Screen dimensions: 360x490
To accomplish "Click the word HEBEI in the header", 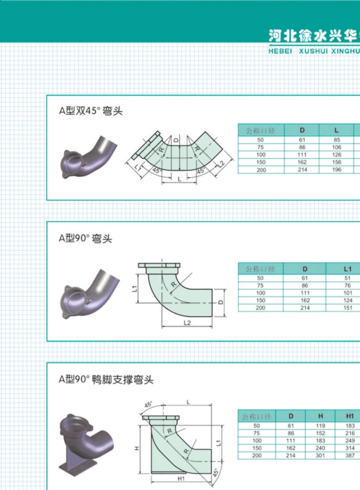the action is [x=280, y=51].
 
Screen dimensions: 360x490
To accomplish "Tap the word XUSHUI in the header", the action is [x=314, y=51].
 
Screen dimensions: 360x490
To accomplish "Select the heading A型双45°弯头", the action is [x=91, y=111].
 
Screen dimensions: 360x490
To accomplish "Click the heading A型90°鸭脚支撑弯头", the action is [x=106, y=379].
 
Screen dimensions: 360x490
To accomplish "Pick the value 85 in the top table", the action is [x=337, y=140].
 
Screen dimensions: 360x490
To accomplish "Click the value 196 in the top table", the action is [x=337, y=170].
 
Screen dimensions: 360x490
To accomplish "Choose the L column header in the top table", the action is [x=337, y=130].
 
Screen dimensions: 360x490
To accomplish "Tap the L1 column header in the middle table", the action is [x=347, y=269].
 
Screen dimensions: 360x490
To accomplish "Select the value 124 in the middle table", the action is [x=347, y=301].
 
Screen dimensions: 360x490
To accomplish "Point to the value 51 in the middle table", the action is [x=347, y=278].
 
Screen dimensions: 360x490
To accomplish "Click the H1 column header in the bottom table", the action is [x=350, y=416].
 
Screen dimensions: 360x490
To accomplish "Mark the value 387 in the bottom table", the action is [x=350, y=456].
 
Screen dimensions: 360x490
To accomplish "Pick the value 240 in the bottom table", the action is [x=321, y=448].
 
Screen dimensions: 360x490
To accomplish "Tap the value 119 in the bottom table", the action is [x=321, y=426].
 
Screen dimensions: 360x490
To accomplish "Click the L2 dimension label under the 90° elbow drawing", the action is [x=187, y=323].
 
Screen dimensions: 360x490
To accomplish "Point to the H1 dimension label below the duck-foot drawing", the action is [x=181, y=479].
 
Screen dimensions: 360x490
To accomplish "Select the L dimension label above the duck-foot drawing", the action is [x=188, y=402].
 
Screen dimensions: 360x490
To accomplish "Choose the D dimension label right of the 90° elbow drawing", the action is [x=221, y=302].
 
